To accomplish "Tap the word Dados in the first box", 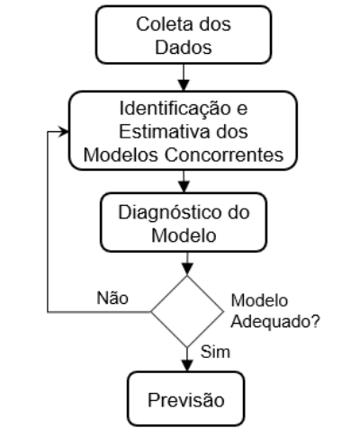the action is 184,48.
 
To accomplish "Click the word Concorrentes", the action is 224,155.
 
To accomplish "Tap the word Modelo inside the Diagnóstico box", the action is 184,236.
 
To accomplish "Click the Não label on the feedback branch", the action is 112,299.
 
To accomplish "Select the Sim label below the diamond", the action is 215,352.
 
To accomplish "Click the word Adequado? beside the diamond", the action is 275,322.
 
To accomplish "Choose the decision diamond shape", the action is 187,312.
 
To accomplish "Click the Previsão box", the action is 186,399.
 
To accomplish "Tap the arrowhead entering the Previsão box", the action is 187,366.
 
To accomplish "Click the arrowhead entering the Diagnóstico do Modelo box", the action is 184,187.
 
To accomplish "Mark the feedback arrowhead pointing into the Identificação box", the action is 64,131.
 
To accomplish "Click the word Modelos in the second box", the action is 121,155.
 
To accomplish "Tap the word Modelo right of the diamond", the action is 259,300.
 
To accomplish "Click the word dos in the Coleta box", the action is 215,24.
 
